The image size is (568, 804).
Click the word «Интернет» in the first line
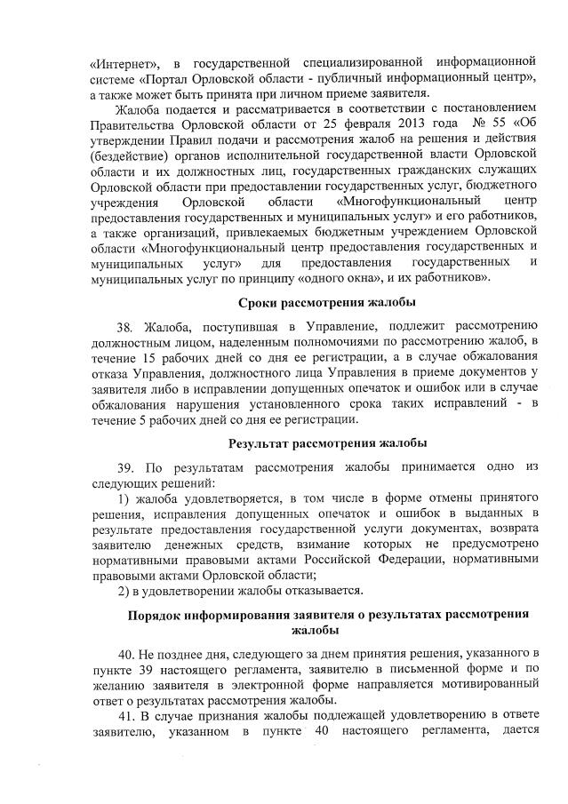124,63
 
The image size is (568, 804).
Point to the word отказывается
322,591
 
